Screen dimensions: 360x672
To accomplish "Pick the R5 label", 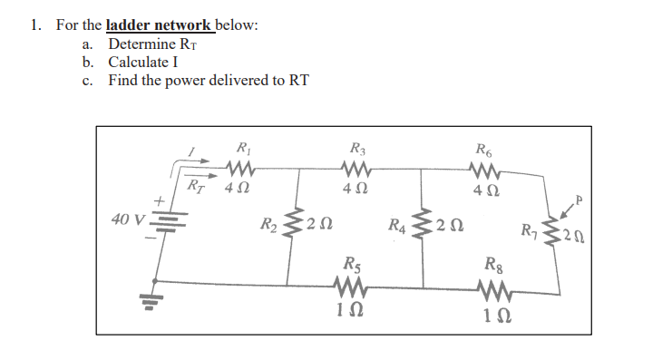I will click(x=350, y=267).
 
